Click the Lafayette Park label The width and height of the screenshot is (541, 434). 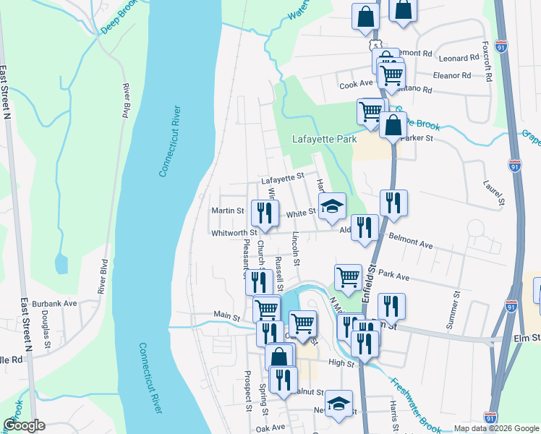pyautogui.click(x=325, y=139)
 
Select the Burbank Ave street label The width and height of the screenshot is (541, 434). pyautogui.click(x=59, y=304)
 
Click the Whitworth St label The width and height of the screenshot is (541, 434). pyautogui.click(x=234, y=233)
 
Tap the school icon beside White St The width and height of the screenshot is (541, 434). pyautogui.click(x=333, y=206)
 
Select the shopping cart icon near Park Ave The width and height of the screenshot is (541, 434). pyautogui.click(x=349, y=276)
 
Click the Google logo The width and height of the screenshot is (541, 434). pyautogui.click(x=23, y=425)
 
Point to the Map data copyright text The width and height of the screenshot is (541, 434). pyautogui.click(x=495, y=427)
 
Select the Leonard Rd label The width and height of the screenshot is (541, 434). pyautogui.click(x=459, y=57)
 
